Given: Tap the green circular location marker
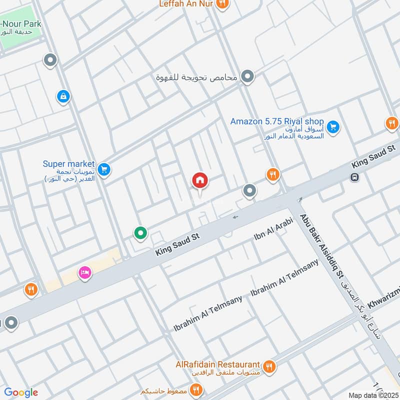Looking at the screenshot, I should pyautogui.click(x=140, y=232).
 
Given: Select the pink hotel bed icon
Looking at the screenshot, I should pyautogui.click(x=84, y=273).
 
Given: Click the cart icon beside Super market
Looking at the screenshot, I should pyautogui.click(x=104, y=169).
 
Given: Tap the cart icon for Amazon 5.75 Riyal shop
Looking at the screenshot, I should pyautogui.click(x=333, y=127).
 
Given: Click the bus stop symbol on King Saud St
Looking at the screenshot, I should pyautogui.click(x=354, y=177).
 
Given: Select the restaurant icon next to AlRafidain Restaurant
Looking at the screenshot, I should pyautogui.click(x=269, y=366).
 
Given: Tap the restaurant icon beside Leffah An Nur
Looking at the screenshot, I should pyautogui.click(x=223, y=4).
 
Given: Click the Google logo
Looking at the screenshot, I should pyautogui.click(x=21, y=392).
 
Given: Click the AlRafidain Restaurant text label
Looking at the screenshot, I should pyautogui.click(x=217, y=364).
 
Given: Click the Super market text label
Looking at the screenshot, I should pyautogui.click(x=68, y=163).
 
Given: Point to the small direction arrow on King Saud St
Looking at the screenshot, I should pyautogui.click(x=234, y=217).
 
